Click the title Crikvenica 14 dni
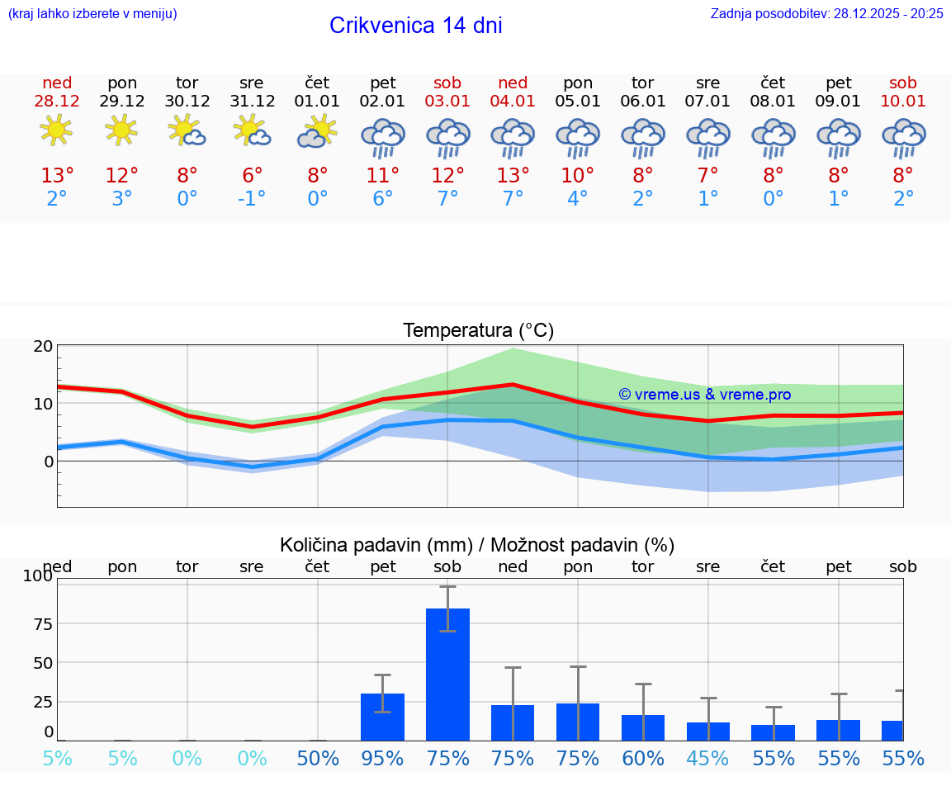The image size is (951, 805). [x=415, y=26]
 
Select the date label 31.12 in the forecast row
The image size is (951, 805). [x=252, y=102]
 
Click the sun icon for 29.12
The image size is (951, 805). [x=121, y=130]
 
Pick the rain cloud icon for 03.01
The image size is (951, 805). [x=447, y=137]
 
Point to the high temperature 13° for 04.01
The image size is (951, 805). [x=513, y=175]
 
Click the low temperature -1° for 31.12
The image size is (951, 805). [x=252, y=199]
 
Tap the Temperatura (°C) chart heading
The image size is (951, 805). [x=478, y=331]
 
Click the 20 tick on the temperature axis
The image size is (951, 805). [x=43, y=347]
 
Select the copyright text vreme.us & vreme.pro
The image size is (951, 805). [x=705, y=395]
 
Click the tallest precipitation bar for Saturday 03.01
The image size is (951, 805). [x=447, y=674]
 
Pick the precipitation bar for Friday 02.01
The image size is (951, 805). [x=382, y=717]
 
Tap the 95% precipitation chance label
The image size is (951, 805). [x=382, y=759]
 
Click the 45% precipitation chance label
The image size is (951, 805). [x=708, y=759]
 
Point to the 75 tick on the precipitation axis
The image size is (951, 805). [x=43, y=623]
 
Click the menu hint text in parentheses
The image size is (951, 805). [x=92, y=14]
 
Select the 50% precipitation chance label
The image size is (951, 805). [x=318, y=759]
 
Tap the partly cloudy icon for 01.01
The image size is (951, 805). [x=318, y=132]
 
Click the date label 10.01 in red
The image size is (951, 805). [x=903, y=102]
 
